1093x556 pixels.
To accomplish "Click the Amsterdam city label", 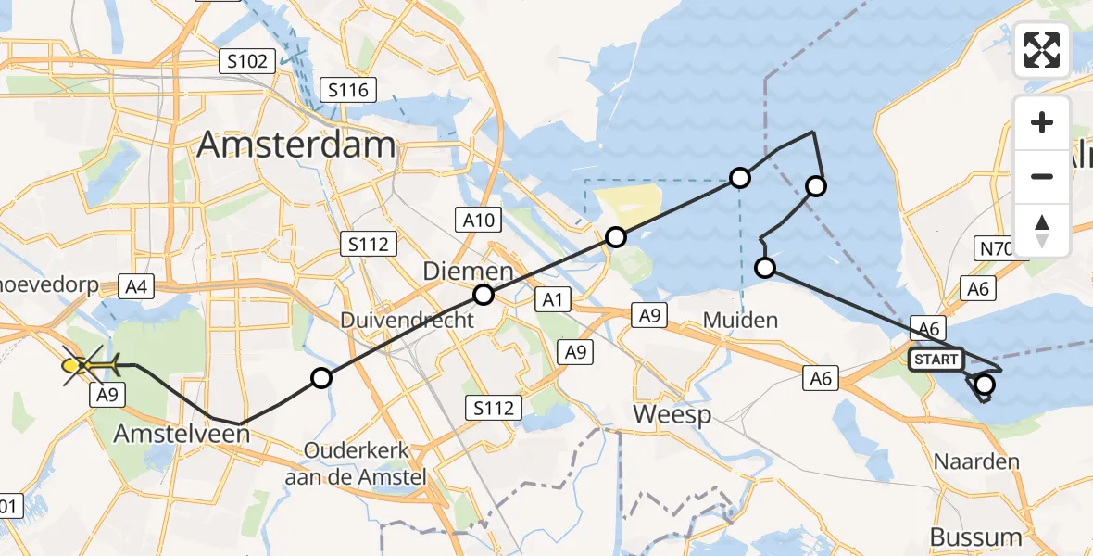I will coord(296,145).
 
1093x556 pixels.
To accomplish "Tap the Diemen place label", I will coord(468,272).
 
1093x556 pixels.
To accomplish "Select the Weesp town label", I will coord(672,413).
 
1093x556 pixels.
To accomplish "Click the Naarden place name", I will coord(976,461).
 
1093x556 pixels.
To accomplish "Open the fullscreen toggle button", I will coord(1042,49).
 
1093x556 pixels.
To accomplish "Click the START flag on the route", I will coord(936,359).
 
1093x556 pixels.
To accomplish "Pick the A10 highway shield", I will coord(478,221).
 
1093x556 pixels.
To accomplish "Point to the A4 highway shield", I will coord(136,287).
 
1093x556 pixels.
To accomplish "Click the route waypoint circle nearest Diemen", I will coord(484,296).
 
